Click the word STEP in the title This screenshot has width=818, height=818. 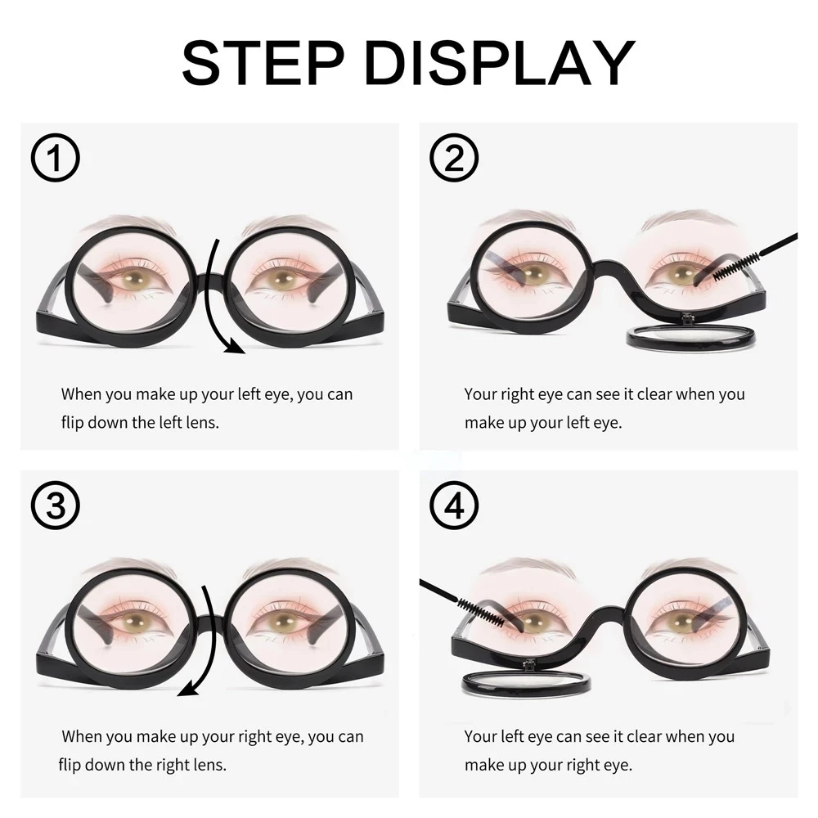tap(263, 63)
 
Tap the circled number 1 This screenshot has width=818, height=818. tap(55, 158)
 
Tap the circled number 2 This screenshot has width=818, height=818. tap(454, 158)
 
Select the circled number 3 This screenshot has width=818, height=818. tap(55, 506)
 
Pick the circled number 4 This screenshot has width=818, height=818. tap(454, 506)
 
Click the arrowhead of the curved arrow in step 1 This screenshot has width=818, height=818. tap(235, 345)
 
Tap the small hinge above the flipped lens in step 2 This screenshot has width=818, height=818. tap(689, 317)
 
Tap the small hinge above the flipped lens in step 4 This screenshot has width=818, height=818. tap(529, 664)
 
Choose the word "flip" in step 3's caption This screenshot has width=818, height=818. tap(70, 766)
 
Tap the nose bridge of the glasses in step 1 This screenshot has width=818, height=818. tap(210, 281)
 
